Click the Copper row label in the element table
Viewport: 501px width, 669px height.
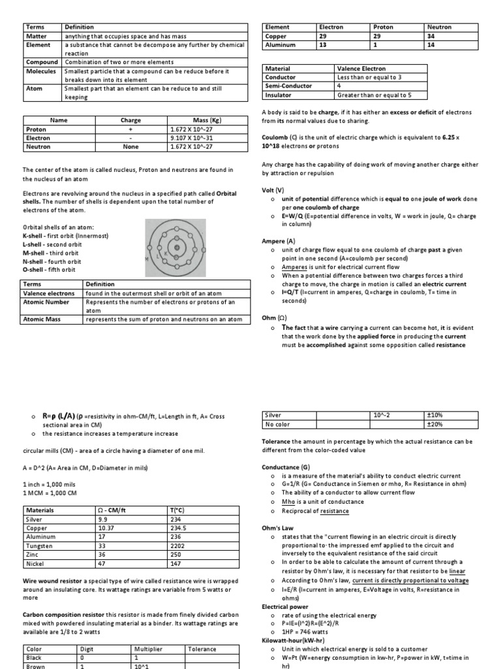[276, 37]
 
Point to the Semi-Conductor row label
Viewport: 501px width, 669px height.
[280, 86]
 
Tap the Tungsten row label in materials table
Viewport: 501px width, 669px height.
[40, 546]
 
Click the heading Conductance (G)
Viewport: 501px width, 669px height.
[284, 467]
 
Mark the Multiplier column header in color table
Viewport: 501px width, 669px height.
[148, 649]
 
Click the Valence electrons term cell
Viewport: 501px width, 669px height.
[49, 293]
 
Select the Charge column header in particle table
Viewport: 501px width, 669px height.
[130, 120]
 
